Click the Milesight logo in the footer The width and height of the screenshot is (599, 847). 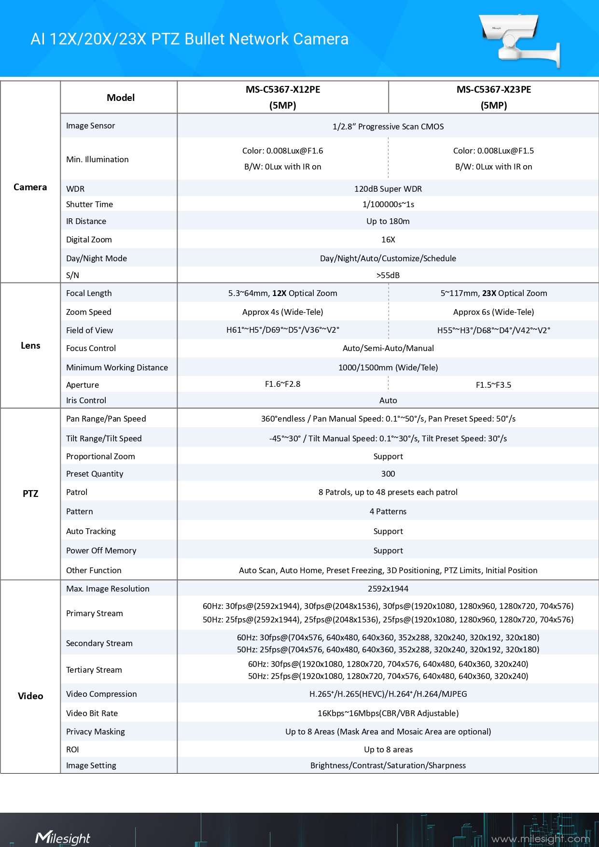click(x=62, y=838)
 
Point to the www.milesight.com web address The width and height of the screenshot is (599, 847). click(x=540, y=839)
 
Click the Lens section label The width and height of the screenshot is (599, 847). click(x=30, y=346)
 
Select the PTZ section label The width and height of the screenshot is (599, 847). click(x=30, y=494)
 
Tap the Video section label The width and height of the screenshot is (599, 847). click(x=30, y=696)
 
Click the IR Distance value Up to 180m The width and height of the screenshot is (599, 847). click(x=388, y=221)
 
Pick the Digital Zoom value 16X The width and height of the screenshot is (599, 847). click(x=388, y=240)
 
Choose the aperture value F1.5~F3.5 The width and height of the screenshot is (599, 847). click(x=493, y=385)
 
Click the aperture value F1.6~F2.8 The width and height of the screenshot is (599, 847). click(x=282, y=384)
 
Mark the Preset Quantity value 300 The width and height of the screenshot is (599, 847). click(x=388, y=474)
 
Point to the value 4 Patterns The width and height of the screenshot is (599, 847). click(x=388, y=511)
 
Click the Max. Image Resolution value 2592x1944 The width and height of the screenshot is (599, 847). click(x=388, y=589)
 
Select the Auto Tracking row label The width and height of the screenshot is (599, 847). click(x=91, y=531)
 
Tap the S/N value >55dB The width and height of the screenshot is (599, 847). click(x=388, y=275)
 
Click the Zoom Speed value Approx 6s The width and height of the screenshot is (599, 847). click(x=493, y=312)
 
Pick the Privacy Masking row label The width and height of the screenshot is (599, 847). click(x=95, y=732)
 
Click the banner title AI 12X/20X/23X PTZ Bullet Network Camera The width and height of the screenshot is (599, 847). click(x=189, y=39)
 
